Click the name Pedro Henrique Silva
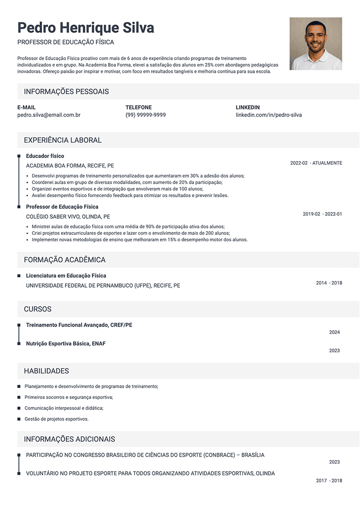[85, 27]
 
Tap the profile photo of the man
[316, 44]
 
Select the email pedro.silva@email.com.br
[49, 115]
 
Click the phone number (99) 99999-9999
[146, 115]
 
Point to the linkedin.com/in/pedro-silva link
[268, 115]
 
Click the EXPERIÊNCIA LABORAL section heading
[63, 140]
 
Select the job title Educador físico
[45, 156]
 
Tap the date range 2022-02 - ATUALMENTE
[316, 163]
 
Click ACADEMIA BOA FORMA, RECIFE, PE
[70, 166]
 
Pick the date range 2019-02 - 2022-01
[322, 214]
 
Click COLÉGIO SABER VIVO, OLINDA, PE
[68, 217]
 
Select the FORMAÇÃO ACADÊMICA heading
[65, 260]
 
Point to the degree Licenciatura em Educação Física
[66, 276]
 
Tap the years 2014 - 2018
[329, 283]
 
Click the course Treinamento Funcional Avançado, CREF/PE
[79, 325]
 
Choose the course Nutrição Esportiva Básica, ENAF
[66, 343]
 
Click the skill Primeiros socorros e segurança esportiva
[69, 397]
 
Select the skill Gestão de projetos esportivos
[56, 419]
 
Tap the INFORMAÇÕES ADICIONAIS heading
[69, 439]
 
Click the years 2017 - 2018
[329, 481]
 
